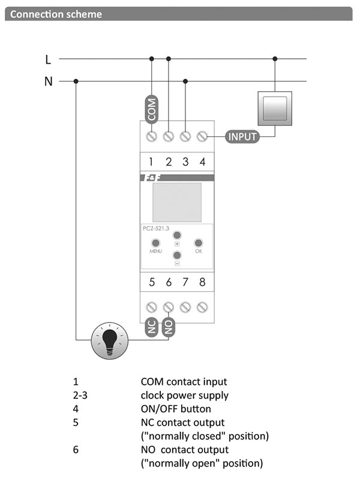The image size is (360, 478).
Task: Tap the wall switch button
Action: click(274, 109)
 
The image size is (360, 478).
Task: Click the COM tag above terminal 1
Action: click(152, 109)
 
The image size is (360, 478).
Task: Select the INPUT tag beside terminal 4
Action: click(242, 137)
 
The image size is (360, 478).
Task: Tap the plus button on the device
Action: click(177, 235)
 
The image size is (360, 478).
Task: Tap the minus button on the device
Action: click(177, 255)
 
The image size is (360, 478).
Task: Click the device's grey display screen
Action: click(177, 202)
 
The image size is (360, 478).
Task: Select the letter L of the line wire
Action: click(48, 59)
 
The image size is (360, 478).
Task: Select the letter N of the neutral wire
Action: click(48, 81)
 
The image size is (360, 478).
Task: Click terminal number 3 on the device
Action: click(185, 162)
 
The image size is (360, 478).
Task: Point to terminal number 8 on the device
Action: click(202, 282)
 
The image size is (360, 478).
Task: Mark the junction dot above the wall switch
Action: click(275, 59)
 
